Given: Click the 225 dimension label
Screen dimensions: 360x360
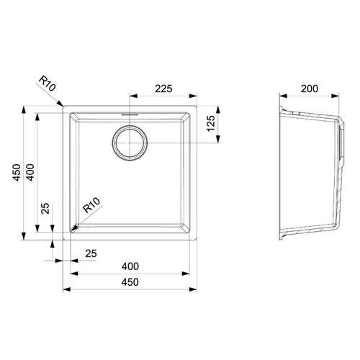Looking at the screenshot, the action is (163, 89).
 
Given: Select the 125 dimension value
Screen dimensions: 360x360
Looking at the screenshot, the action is (211, 123).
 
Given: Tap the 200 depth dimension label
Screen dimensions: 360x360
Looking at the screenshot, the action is (310, 89).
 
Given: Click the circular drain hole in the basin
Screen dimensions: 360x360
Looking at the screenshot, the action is (130, 143).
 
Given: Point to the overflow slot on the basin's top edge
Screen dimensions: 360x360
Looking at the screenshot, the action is (130, 114).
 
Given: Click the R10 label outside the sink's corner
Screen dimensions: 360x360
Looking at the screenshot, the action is (48, 84).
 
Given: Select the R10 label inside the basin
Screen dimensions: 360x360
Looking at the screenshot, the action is (91, 205).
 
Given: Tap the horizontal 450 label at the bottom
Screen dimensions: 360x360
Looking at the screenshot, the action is (130, 282).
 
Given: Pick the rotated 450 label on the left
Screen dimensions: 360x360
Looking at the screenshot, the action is (17, 172).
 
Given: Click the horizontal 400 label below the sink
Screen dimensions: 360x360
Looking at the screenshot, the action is (130, 266).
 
